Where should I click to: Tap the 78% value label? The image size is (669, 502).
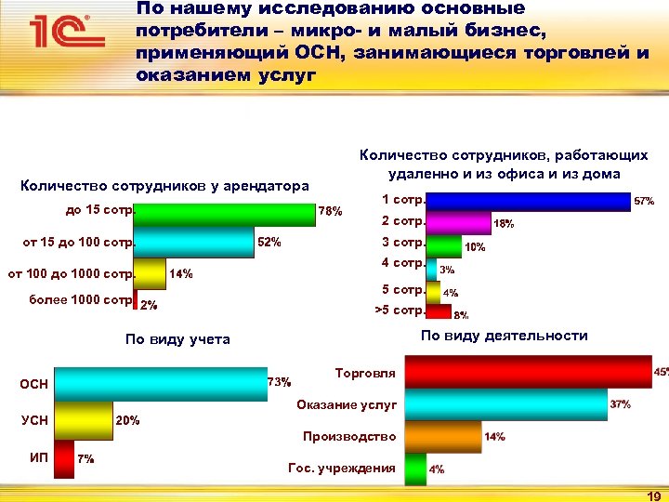coord(332,212)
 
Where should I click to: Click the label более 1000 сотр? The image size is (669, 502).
coord(81,300)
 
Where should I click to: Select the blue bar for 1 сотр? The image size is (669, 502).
coord(528,201)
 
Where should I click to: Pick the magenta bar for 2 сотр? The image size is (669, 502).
coord(458,222)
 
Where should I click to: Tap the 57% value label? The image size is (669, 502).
coord(644,201)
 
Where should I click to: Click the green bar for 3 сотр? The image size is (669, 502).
coord(444,244)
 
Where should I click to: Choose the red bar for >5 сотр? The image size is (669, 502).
coord(439,310)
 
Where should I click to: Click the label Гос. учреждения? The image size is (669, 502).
coord(343,468)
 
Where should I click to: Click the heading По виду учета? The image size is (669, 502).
coord(177,339)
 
